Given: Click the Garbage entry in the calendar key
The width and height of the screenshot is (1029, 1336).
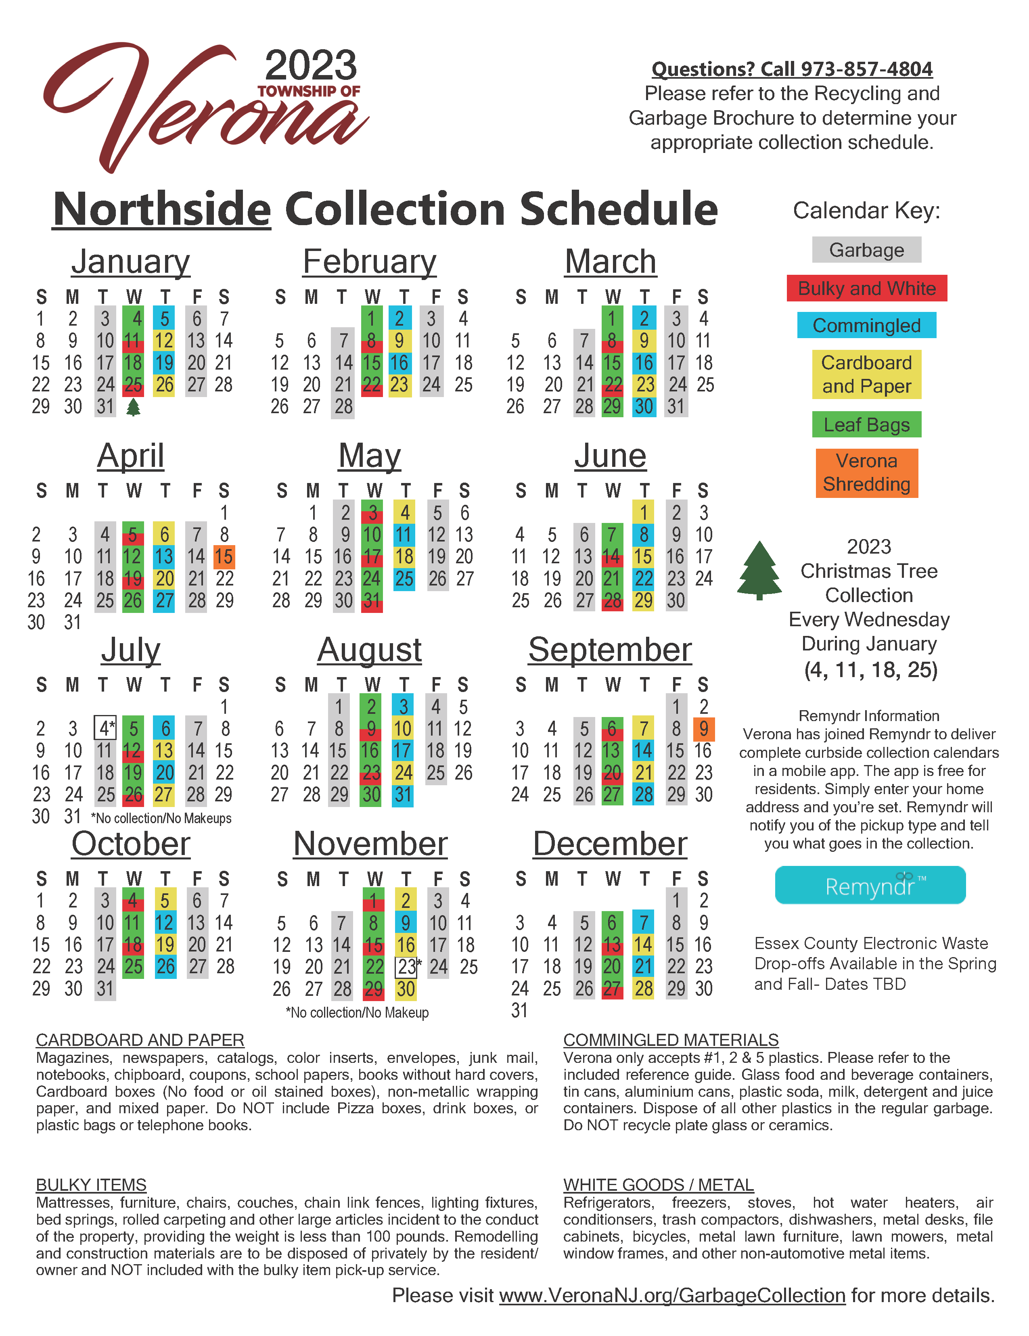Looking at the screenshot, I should point(866,250).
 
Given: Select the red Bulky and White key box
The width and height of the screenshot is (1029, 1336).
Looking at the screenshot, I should point(866,288).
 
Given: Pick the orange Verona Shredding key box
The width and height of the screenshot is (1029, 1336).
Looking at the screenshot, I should point(866,473).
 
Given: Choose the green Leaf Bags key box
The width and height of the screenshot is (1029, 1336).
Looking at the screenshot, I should point(866,424).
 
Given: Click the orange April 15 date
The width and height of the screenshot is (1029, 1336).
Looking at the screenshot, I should point(224,557).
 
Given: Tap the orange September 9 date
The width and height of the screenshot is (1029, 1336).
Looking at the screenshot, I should point(703,729).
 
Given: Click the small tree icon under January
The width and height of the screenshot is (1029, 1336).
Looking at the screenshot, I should point(133,407).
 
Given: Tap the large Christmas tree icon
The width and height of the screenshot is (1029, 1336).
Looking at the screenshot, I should point(759,570).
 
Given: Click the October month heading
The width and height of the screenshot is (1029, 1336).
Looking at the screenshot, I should point(131,844).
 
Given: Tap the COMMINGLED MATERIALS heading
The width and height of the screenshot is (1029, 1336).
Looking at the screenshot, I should point(671,1040).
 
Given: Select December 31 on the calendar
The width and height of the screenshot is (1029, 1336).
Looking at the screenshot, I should point(519,1010).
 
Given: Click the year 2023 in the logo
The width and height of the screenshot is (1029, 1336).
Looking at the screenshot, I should point(311,65).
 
